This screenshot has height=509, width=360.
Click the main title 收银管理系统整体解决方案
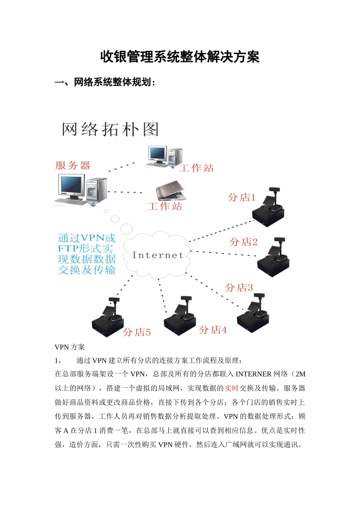[x=180, y=57]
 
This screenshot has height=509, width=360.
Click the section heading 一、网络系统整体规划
[x=105, y=82]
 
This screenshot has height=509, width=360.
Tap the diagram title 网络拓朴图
[x=110, y=130]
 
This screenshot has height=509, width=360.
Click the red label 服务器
[x=73, y=166]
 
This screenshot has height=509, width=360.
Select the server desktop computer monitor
[x=71, y=186]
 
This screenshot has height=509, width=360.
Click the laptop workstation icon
[x=171, y=191]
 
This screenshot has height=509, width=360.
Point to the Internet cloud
[x=157, y=255]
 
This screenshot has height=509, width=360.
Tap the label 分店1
[x=241, y=197]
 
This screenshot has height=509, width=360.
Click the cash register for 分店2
[x=273, y=258]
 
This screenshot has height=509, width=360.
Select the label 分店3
[x=238, y=287]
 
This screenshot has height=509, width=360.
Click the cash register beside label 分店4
[x=180, y=316]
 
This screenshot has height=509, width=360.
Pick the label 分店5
[x=137, y=333]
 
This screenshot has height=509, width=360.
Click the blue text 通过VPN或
[x=86, y=238]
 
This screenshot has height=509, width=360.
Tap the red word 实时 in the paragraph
[x=231, y=388]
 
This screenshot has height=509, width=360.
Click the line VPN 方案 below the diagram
[x=70, y=347]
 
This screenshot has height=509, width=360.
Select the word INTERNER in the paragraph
[x=253, y=374]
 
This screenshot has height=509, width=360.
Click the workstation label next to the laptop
[x=165, y=206]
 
